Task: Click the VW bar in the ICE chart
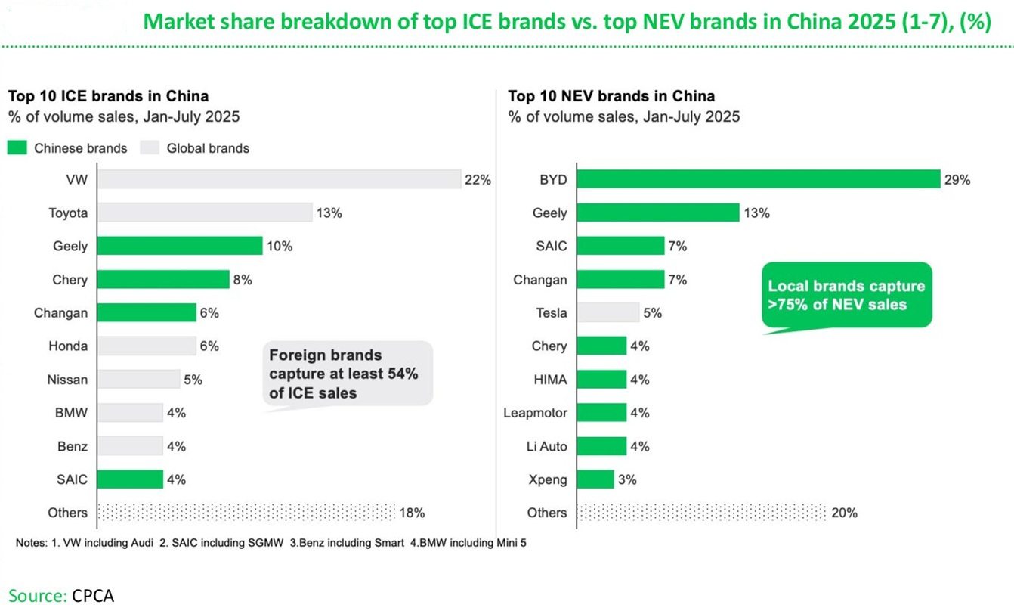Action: pos(279,179)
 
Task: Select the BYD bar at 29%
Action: pos(758,179)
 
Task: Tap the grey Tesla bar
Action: pos(607,312)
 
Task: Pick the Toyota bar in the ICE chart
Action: pos(205,213)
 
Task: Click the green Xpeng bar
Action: pos(595,479)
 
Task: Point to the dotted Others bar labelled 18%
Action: pos(246,512)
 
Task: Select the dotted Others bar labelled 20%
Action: pos(701,512)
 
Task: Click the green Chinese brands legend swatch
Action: pos(17,148)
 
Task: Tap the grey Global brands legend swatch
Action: pos(150,148)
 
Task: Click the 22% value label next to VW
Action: pos(478,180)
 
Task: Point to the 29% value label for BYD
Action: pos(957,180)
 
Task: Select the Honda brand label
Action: pos(68,346)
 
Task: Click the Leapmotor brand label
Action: pos(535,413)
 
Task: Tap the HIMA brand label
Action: pos(549,380)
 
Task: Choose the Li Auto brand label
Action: pos(546,446)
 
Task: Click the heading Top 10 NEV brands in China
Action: pos(611,96)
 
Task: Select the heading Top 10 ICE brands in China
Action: pos(108,96)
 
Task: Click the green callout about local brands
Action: pos(846,296)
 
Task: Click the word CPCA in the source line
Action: pos(93,595)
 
